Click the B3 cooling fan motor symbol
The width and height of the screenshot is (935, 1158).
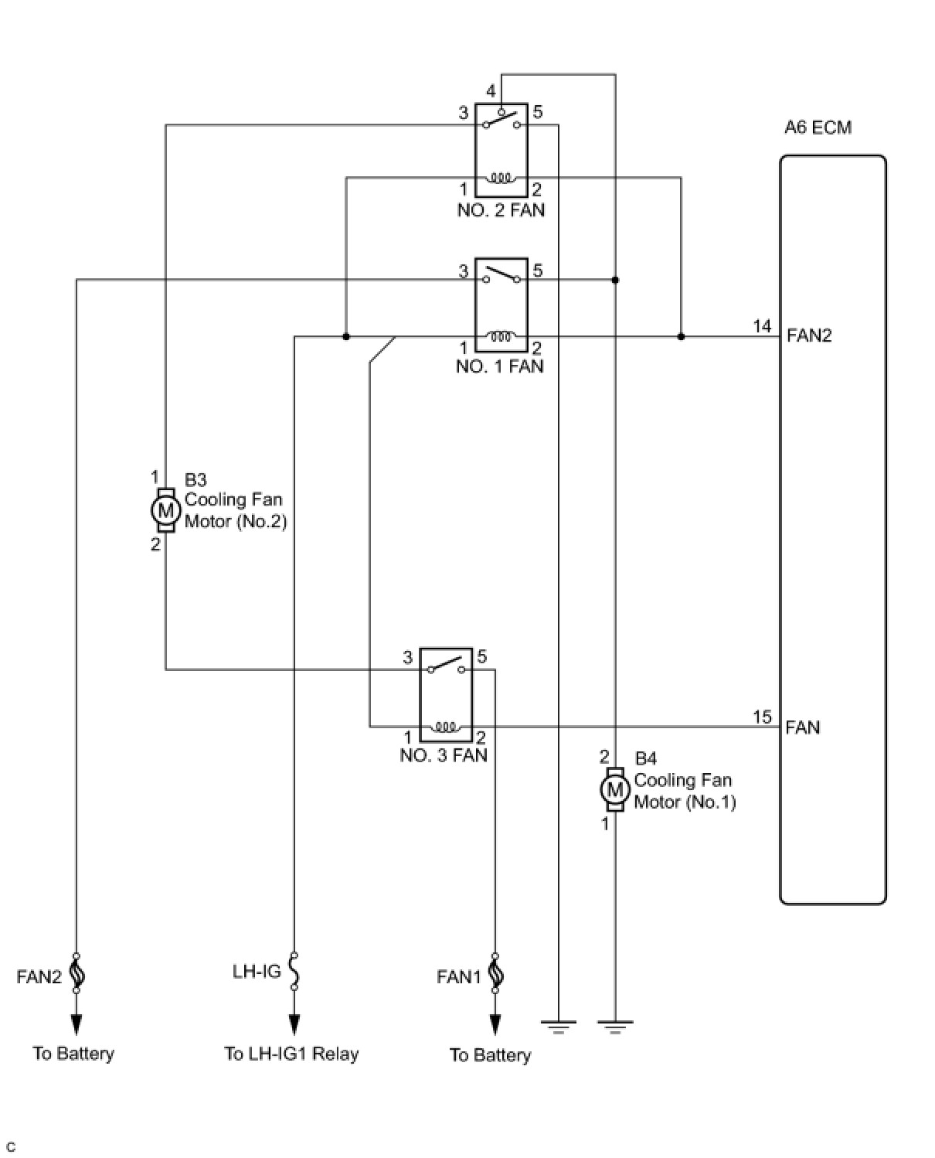(x=165, y=509)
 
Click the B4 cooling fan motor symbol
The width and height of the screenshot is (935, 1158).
(x=615, y=790)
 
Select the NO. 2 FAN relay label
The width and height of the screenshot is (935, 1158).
(x=501, y=210)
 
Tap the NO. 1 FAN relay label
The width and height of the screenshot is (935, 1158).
(x=499, y=366)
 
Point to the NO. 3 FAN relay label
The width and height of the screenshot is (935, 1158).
(x=444, y=755)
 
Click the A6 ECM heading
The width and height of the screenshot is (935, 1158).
(x=818, y=128)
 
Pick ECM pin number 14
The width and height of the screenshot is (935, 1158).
(x=762, y=326)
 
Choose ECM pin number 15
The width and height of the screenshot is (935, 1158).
(x=762, y=717)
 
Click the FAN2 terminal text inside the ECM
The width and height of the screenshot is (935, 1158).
(x=809, y=335)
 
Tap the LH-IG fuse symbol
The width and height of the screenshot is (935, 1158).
(x=294, y=972)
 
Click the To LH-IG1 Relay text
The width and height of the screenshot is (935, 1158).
(x=291, y=1054)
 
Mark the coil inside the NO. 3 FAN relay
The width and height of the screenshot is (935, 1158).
(x=445, y=727)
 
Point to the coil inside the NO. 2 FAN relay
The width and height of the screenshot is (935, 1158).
(x=501, y=178)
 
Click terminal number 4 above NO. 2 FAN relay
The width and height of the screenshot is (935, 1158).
(x=491, y=91)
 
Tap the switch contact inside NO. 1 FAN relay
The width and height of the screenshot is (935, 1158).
(x=501, y=275)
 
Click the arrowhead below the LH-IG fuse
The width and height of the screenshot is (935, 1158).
(x=294, y=1025)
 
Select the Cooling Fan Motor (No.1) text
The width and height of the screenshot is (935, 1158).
(x=684, y=791)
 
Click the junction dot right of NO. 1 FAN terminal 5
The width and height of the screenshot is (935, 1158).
(x=615, y=280)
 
